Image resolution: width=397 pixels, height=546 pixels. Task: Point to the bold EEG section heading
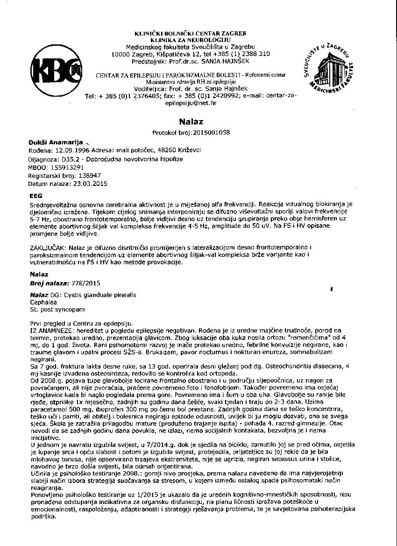point(36,196)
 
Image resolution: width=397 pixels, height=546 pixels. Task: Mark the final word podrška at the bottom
point(43,517)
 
